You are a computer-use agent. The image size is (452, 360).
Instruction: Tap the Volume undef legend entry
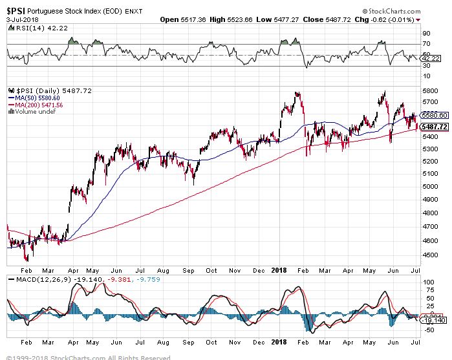click(34, 112)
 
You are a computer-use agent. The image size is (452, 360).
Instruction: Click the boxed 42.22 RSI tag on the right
click(431, 58)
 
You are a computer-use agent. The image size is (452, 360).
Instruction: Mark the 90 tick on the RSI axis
click(426, 33)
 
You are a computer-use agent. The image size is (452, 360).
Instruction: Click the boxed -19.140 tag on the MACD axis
click(433, 320)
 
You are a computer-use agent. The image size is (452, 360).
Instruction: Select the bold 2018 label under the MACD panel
click(279, 341)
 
